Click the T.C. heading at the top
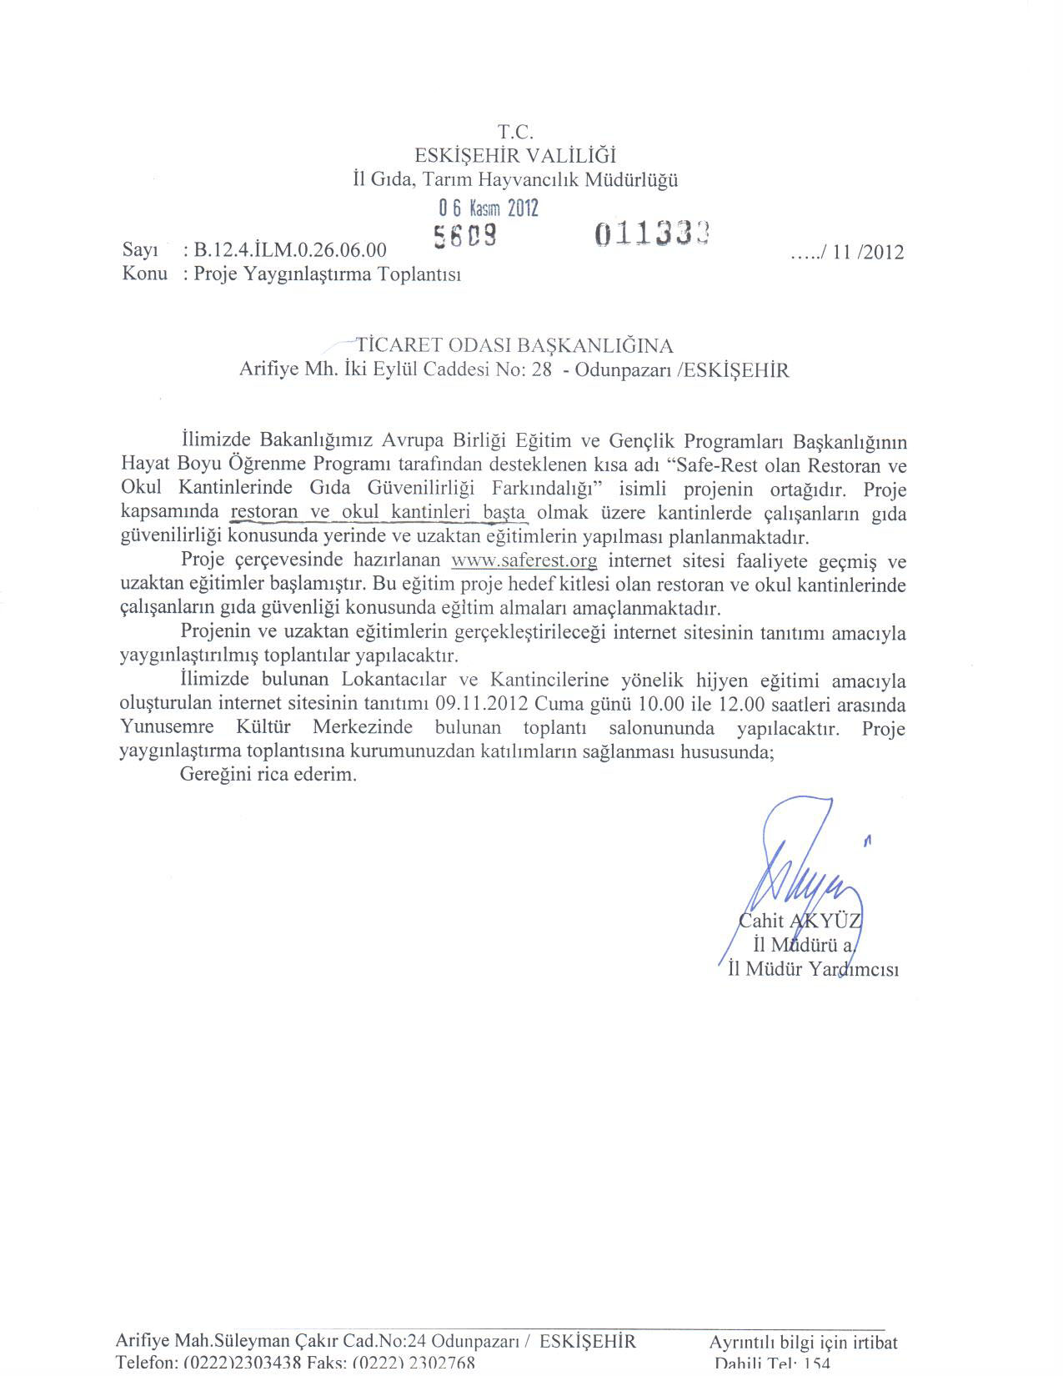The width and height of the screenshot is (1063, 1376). click(514, 132)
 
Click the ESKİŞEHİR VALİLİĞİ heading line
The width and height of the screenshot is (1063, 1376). click(515, 155)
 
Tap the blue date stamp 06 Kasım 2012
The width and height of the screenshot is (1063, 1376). click(489, 208)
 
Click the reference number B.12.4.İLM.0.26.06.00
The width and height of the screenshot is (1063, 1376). click(290, 250)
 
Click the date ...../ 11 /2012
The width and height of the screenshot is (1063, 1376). click(847, 252)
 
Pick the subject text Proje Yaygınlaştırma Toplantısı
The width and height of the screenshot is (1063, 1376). click(327, 274)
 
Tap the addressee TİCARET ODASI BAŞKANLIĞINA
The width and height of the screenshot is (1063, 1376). click(514, 345)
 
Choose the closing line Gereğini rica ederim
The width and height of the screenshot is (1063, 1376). click(268, 775)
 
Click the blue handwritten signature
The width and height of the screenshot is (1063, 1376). click(800, 876)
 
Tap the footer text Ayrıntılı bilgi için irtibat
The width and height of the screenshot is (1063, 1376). click(803, 1343)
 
